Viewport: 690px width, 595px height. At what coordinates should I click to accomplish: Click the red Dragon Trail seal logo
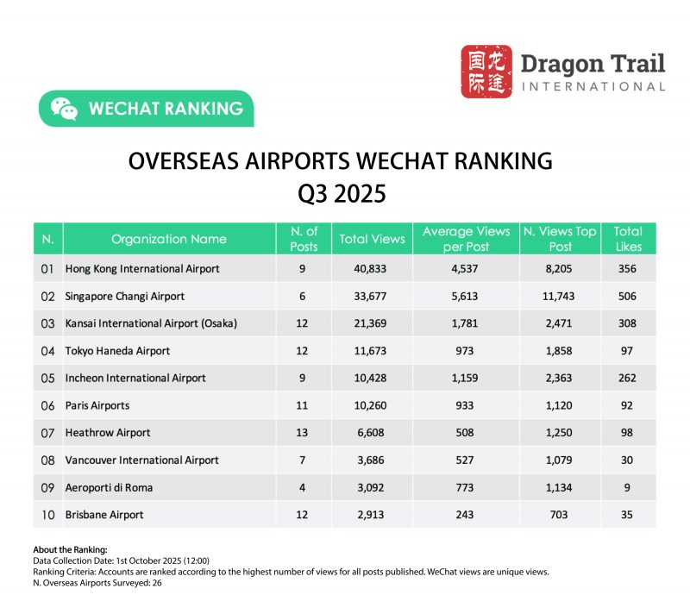point(486,72)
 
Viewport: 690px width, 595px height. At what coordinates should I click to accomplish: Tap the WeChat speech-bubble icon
point(64,109)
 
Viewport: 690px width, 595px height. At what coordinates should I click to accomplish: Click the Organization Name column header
point(169,239)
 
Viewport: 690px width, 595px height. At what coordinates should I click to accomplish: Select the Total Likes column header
point(627,239)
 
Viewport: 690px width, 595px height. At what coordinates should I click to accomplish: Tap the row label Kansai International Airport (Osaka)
point(151,323)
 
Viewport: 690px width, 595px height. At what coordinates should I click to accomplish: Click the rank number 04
point(48,351)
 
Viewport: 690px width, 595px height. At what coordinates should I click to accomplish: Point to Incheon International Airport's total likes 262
point(627,378)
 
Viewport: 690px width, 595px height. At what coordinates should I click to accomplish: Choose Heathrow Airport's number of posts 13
point(303,433)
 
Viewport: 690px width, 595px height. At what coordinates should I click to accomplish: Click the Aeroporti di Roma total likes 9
point(627,487)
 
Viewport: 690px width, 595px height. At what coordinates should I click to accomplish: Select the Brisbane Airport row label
point(104,515)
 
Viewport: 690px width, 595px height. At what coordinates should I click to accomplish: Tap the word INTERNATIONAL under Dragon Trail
point(593,86)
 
